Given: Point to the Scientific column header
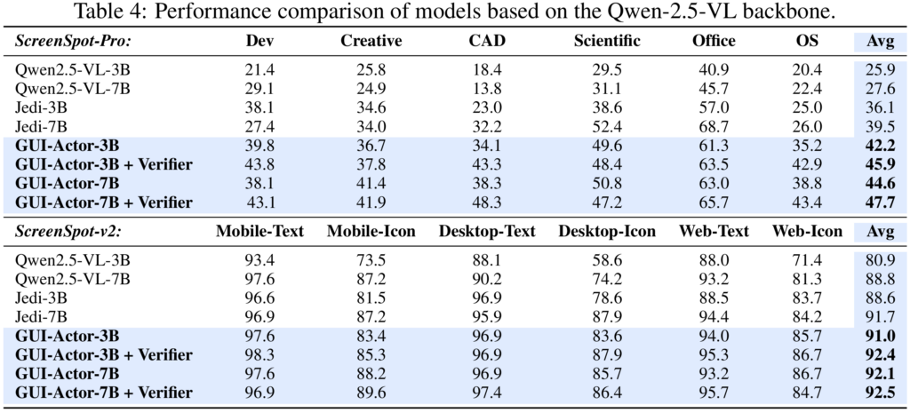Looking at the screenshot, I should click(607, 41).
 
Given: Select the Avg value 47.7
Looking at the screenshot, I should click(874, 203).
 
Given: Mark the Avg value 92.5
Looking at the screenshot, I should click(874, 393).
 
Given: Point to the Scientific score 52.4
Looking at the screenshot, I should click(607, 126).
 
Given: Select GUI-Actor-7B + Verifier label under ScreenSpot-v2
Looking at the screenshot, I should click(104, 393).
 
